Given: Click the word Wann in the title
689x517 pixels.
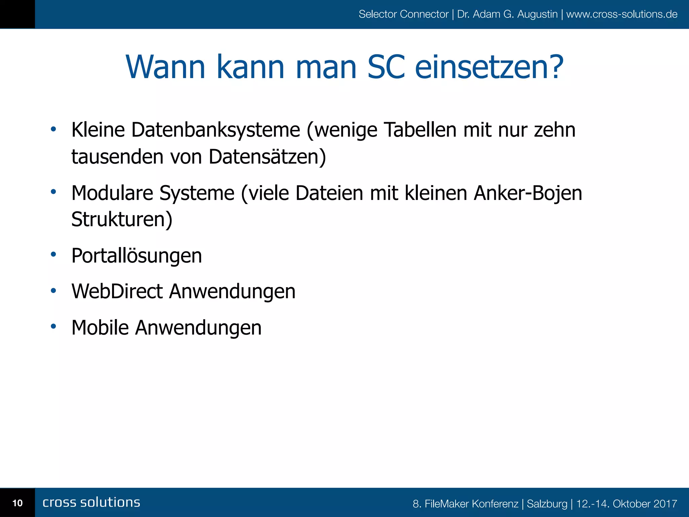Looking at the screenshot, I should pyautogui.click(x=166, y=67).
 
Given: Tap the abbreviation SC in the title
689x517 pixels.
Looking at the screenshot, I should pyautogui.click(x=386, y=67).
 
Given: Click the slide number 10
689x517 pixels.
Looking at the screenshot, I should pyautogui.click(x=17, y=503).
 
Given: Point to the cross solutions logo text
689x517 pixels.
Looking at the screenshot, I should pyautogui.click(x=92, y=502).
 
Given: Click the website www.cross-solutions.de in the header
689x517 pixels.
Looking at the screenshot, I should pyautogui.click(x=622, y=14).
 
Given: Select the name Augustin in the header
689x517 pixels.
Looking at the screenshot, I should pyautogui.click(x=537, y=14).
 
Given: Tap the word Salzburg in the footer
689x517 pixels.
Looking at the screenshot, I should pyautogui.click(x=547, y=504).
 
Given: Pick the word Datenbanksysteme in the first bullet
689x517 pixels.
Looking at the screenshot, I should pyautogui.click(x=216, y=130).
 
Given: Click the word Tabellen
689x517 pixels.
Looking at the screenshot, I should pyautogui.click(x=420, y=130).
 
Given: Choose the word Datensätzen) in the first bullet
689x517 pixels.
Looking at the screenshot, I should pyautogui.click(x=267, y=157).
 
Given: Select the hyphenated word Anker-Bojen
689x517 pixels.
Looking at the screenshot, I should pyautogui.click(x=528, y=193).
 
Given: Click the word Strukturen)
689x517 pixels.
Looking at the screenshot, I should pyautogui.click(x=122, y=219).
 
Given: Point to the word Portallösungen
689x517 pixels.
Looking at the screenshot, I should pyautogui.click(x=137, y=256).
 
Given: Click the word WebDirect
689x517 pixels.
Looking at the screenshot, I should pyautogui.click(x=117, y=291).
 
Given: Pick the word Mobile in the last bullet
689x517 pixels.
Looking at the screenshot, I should pyautogui.click(x=100, y=328).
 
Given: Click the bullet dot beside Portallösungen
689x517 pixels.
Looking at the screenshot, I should pyautogui.click(x=53, y=254).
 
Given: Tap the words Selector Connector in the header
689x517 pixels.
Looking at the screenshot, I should pyautogui.click(x=403, y=14).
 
